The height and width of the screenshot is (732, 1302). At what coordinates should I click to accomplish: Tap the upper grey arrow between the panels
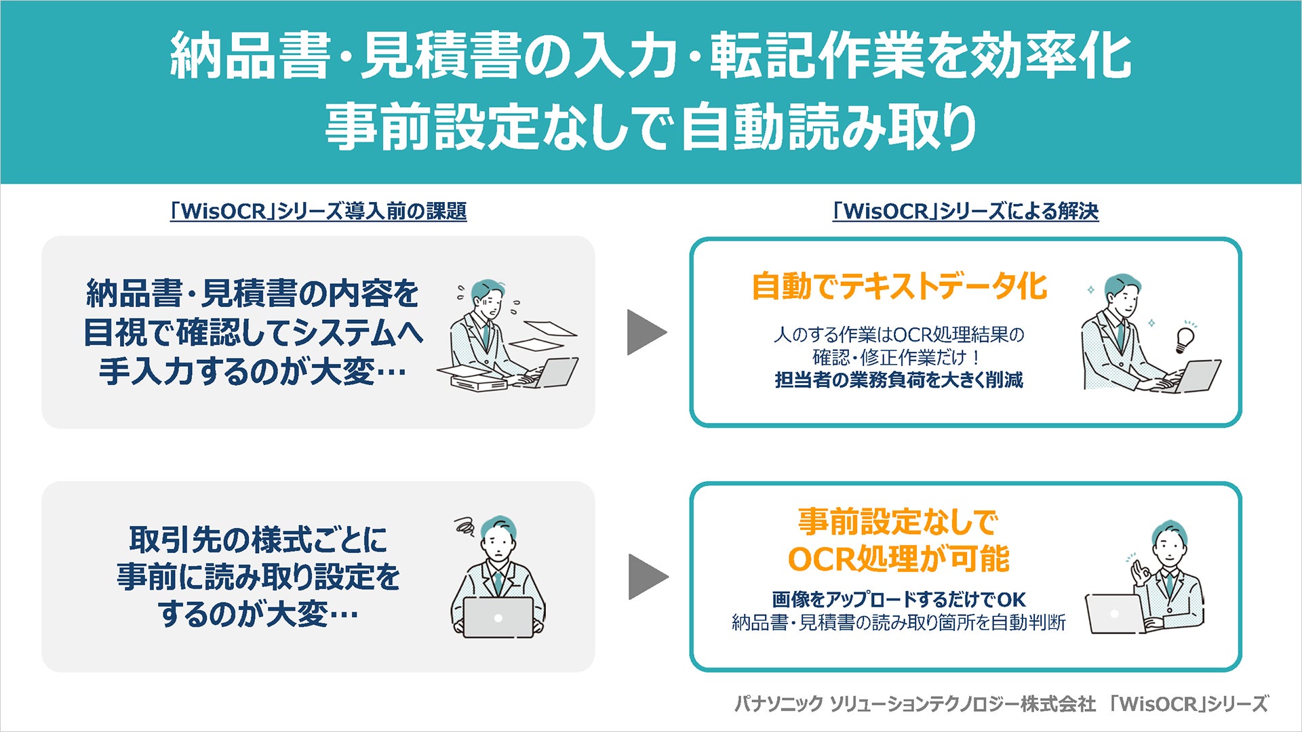click(646, 332)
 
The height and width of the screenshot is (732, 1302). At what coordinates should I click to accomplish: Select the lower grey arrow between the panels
click(648, 577)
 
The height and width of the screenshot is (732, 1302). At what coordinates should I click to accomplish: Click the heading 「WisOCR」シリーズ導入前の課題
click(318, 211)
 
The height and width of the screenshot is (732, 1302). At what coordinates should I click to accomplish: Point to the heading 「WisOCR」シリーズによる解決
click(965, 211)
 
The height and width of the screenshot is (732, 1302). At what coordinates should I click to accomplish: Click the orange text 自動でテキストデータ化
click(899, 286)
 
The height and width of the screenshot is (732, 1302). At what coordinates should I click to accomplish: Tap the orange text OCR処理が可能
click(899, 559)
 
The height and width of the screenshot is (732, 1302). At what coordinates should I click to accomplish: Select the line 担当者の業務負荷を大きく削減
click(899, 380)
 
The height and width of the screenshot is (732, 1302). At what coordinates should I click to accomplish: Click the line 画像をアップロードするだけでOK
click(899, 599)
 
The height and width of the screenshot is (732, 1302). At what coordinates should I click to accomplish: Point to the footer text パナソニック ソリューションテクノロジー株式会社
click(915, 704)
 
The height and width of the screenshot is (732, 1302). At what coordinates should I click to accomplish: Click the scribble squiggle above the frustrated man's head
click(465, 525)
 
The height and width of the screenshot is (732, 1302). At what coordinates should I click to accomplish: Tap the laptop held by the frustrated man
click(498, 617)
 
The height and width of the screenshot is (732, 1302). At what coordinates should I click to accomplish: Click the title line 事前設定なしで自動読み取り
click(650, 127)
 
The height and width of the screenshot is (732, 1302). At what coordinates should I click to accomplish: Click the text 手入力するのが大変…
click(252, 371)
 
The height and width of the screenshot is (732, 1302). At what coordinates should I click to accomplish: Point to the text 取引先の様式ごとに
click(258, 540)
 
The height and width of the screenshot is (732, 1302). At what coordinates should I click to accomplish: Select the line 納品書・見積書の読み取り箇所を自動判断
click(899, 622)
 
